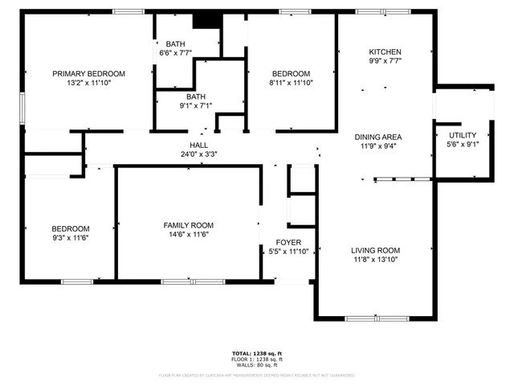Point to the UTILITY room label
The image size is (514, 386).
pyautogui.click(x=463, y=135)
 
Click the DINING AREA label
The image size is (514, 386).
pyautogui.click(x=378, y=137)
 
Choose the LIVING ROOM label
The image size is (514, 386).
pyautogui.click(x=377, y=250)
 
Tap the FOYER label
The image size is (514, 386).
pyautogui.click(x=288, y=242)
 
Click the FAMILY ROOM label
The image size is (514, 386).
pyautogui.click(x=189, y=225)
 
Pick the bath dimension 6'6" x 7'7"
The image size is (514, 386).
pyautogui.click(x=175, y=53)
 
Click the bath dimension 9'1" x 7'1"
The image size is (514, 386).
pyautogui.click(x=174, y=105)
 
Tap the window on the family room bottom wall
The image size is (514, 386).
pyautogui.click(x=182, y=281)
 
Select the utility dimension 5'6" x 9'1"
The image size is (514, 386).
pyautogui.click(x=463, y=145)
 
